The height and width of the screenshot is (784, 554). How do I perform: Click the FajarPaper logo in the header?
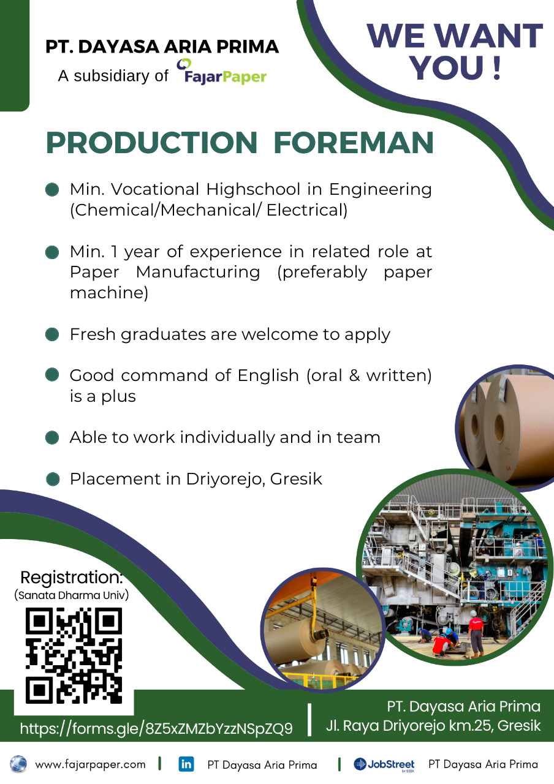221,72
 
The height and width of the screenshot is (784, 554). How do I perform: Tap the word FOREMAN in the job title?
354,143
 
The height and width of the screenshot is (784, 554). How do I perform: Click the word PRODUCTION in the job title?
151,143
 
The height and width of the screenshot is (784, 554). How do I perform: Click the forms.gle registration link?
156,728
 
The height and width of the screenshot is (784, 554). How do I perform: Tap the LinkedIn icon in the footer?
186,764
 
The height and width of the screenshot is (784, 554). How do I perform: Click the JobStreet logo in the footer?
384,764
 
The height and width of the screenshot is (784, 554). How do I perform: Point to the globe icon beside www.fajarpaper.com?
18,764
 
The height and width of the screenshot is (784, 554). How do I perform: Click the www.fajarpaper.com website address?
90,764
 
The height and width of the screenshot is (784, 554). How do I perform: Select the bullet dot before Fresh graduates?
52,334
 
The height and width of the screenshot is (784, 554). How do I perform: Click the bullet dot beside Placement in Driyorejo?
53,479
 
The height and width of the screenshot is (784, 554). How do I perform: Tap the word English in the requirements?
268,375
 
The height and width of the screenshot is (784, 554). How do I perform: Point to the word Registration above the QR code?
72,578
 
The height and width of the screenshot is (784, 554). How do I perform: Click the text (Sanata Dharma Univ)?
72,595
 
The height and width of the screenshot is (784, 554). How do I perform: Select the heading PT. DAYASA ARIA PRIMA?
162,47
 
